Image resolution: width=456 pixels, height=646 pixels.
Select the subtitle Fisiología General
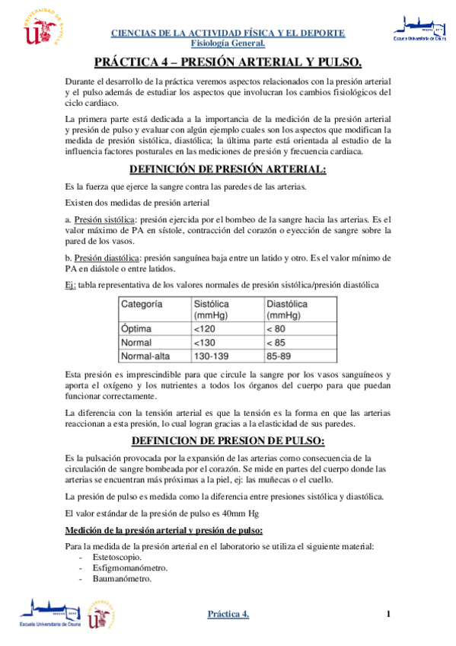pyautogui.click(x=228, y=43)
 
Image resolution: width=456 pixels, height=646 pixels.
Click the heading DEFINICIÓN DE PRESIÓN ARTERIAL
pyautogui.click(x=228, y=169)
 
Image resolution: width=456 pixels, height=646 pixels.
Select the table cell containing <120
pyautogui.click(x=204, y=328)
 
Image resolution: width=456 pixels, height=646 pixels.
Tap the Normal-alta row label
pyautogui.click(x=146, y=356)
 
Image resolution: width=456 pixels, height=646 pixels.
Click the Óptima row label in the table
pyautogui.click(x=137, y=328)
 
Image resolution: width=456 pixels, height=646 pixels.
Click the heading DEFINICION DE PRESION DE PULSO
pyautogui.click(x=228, y=441)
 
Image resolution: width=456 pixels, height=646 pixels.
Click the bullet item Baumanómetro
pyautogui.click(x=122, y=579)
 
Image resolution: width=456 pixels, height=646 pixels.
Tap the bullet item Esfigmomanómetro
pyautogui.click(x=130, y=568)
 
